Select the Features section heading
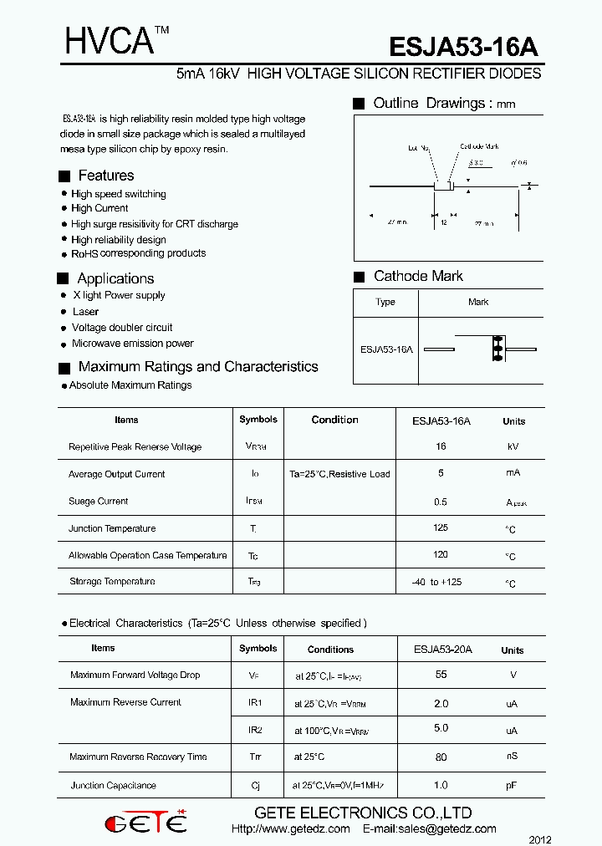click(x=105, y=176)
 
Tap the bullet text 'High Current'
click(x=99, y=208)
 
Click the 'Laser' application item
click(x=85, y=312)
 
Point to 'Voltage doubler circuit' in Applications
click(x=122, y=328)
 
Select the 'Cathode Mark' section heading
click(x=418, y=276)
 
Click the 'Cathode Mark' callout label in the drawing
click(x=480, y=147)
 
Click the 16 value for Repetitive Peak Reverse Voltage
click(x=441, y=446)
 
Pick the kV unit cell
click(x=513, y=447)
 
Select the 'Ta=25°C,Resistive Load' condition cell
click(x=339, y=474)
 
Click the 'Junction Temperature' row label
click(x=112, y=528)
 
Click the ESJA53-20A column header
click(x=443, y=649)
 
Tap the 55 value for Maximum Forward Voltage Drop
click(x=441, y=675)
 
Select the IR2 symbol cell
click(x=256, y=730)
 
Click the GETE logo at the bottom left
click(x=145, y=823)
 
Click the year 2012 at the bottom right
click(x=540, y=838)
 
